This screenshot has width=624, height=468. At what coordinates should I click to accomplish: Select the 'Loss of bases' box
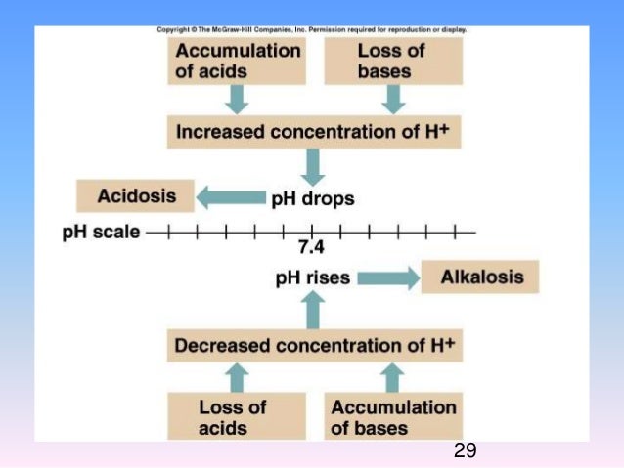click(x=392, y=61)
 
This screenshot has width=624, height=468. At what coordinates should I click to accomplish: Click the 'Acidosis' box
click(x=137, y=196)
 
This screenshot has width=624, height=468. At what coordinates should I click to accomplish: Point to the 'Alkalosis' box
click(x=481, y=277)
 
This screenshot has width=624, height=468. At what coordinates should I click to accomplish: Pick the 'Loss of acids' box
click(x=236, y=416)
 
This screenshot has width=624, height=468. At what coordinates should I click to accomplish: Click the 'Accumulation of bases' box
click(x=393, y=416)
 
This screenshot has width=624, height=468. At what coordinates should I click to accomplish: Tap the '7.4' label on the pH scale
click(x=311, y=247)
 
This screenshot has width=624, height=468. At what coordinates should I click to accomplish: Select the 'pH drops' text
click(x=312, y=198)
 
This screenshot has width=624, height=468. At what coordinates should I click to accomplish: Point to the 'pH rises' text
click(x=312, y=278)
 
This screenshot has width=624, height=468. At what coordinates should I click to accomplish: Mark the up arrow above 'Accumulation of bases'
click(x=392, y=376)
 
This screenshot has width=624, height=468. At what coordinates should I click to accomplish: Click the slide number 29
click(x=465, y=450)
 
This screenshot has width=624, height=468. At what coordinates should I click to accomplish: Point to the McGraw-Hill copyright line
click(x=312, y=29)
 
